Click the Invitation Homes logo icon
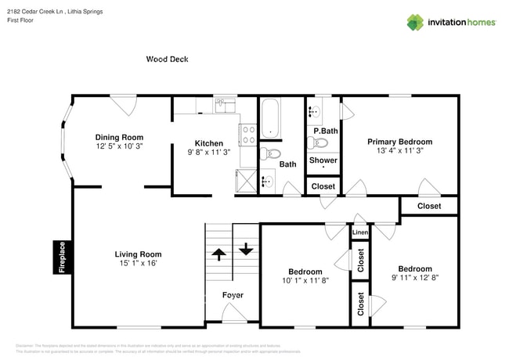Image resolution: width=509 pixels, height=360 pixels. tap(415, 22)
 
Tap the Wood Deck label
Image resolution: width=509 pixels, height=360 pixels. tap(167, 59)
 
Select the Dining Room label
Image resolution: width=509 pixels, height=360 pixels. tap(119, 136)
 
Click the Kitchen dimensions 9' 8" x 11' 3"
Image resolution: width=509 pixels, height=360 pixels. tap(208, 153)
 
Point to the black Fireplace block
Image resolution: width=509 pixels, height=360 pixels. tap(62, 257)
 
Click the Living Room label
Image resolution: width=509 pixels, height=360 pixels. tap(138, 254)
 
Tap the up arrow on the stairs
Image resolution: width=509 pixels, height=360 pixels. tap(218, 253)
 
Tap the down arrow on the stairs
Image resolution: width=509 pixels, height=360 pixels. tap(246, 250)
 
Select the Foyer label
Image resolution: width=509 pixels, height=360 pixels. tap(233, 295)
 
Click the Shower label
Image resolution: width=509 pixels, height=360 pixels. tap(323, 160)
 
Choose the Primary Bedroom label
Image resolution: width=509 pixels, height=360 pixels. tap(399, 142)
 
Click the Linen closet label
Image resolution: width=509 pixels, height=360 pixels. tap(359, 232)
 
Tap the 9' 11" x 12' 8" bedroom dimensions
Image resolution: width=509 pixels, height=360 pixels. tap(414, 278)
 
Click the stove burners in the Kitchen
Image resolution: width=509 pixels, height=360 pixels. tap(247, 135)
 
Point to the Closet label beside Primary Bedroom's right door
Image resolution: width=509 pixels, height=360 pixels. tap(428, 206)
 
